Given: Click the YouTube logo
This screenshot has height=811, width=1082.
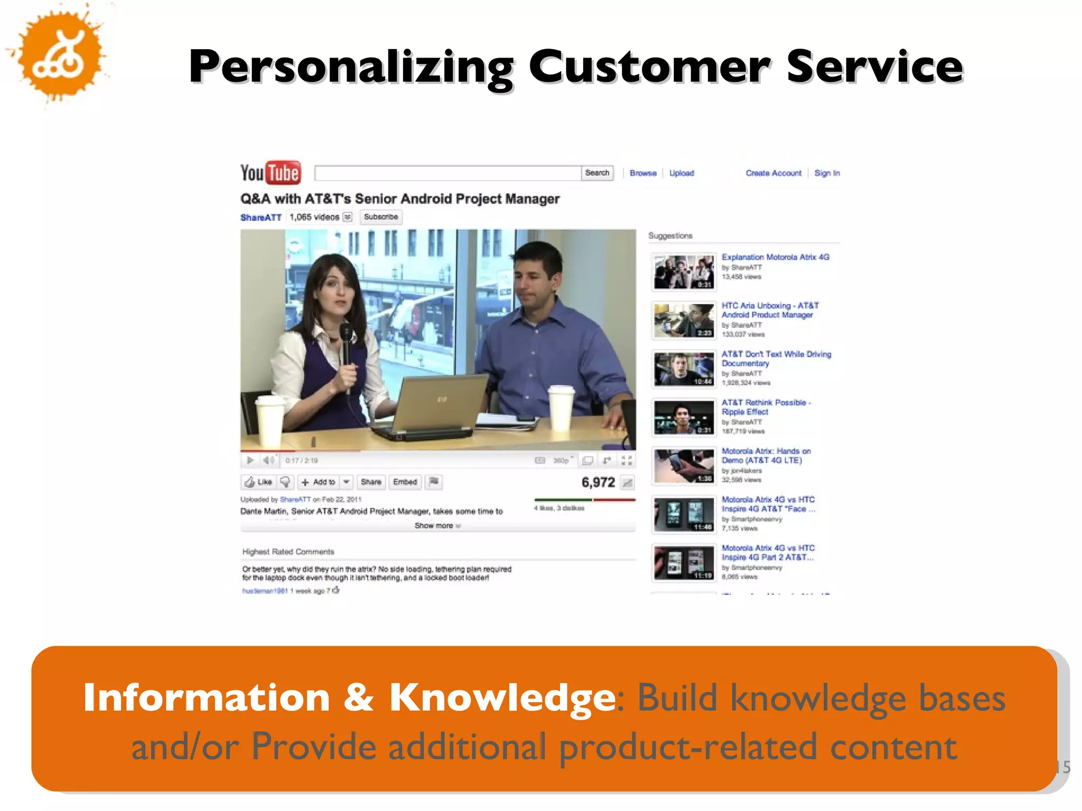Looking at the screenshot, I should pyautogui.click(x=270, y=173).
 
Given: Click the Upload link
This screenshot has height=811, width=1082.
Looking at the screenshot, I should pyautogui.click(x=682, y=173).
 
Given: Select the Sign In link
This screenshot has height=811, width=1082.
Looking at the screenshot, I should pyautogui.click(x=827, y=173).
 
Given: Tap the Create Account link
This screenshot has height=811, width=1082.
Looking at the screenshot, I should pyautogui.click(x=773, y=173).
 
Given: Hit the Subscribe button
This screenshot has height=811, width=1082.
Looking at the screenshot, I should pyautogui.click(x=381, y=217).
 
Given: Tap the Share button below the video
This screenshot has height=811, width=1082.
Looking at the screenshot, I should pyautogui.click(x=371, y=482).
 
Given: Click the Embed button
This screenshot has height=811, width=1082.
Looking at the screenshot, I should pyautogui.click(x=405, y=482).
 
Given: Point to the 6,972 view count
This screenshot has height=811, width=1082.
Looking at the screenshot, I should pyautogui.click(x=598, y=482).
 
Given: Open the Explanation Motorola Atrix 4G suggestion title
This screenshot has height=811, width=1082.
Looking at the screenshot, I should pyautogui.click(x=775, y=257).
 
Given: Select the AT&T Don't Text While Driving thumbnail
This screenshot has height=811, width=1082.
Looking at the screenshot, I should pyautogui.click(x=684, y=369).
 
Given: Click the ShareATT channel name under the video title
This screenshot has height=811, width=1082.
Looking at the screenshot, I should pyautogui.click(x=261, y=218).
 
